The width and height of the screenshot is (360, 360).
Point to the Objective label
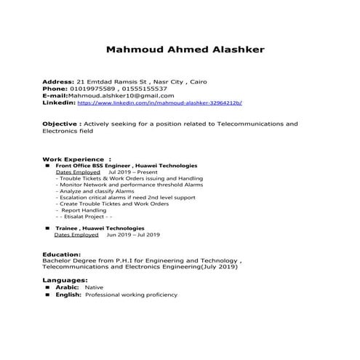[61, 124]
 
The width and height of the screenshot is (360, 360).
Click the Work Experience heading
[73, 159]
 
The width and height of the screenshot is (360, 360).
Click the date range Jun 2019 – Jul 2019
[133, 236]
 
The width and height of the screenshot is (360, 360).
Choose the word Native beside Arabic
[94, 288]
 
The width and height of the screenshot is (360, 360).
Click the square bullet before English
[47, 295]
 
